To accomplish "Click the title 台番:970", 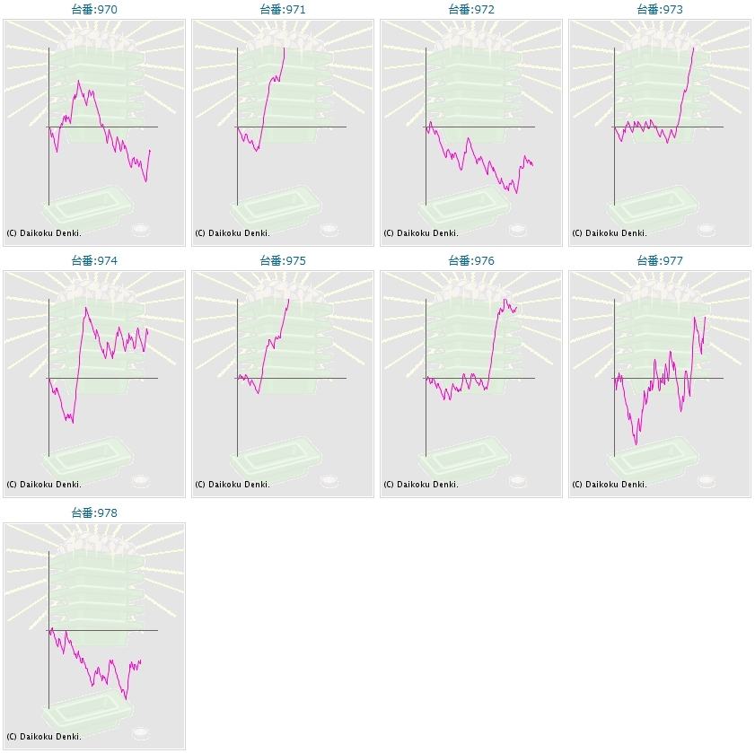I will (94, 10).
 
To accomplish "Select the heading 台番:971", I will (283, 10).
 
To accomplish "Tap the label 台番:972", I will (471, 10).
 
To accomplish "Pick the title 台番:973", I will (660, 10).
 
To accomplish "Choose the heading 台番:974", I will (94, 261).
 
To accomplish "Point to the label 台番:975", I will (283, 261).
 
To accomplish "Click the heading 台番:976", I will (471, 261).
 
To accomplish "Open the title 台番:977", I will (660, 261).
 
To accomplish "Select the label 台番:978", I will (94, 513).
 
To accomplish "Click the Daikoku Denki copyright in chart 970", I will (44, 233).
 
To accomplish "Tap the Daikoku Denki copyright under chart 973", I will (610, 233).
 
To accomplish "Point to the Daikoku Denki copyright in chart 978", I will (44, 737).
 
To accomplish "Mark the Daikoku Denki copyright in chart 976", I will (421, 485).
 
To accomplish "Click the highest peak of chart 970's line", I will (79, 81).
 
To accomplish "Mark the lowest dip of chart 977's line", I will (636, 444).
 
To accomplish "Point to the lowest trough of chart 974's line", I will (72, 423).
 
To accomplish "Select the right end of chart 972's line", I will (532, 165).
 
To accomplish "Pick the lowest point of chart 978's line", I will (126, 698).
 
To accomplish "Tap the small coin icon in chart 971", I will (329, 230).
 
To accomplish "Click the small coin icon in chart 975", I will (329, 481).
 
